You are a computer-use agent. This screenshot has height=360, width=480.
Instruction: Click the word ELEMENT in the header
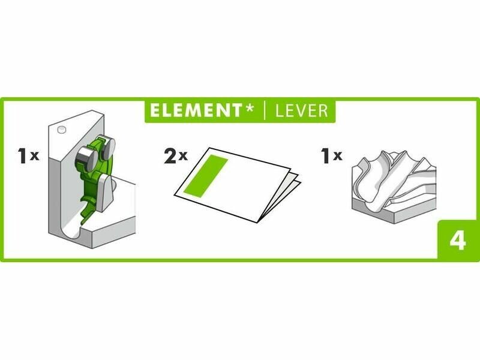(x=196, y=110)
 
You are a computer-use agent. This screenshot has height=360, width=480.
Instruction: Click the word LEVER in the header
(x=302, y=110)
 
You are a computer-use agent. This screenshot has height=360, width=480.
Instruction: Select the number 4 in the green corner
(x=458, y=241)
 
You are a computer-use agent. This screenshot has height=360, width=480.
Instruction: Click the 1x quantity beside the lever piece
(x=28, y=155)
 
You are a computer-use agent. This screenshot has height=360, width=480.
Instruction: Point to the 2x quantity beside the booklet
(x=175, y=156)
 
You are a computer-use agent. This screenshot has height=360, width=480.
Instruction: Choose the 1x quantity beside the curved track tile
(x=332, y=155)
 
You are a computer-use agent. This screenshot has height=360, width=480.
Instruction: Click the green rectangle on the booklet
(x=206, y=176)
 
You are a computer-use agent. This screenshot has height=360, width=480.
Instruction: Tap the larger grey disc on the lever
(x=86, y=159)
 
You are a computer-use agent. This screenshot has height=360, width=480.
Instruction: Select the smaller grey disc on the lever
(x=107, y=148)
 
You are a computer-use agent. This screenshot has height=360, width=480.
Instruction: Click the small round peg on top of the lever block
(x=62, y=130)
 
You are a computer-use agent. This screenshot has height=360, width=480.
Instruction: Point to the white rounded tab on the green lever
(x=104, y=192)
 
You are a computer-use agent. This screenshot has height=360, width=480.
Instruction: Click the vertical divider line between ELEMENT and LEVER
(x=265, y=110)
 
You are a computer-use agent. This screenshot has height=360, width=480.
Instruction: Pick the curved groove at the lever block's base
(x=72, y=229)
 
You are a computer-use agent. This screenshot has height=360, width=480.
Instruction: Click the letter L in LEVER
(x=280, y=111)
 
